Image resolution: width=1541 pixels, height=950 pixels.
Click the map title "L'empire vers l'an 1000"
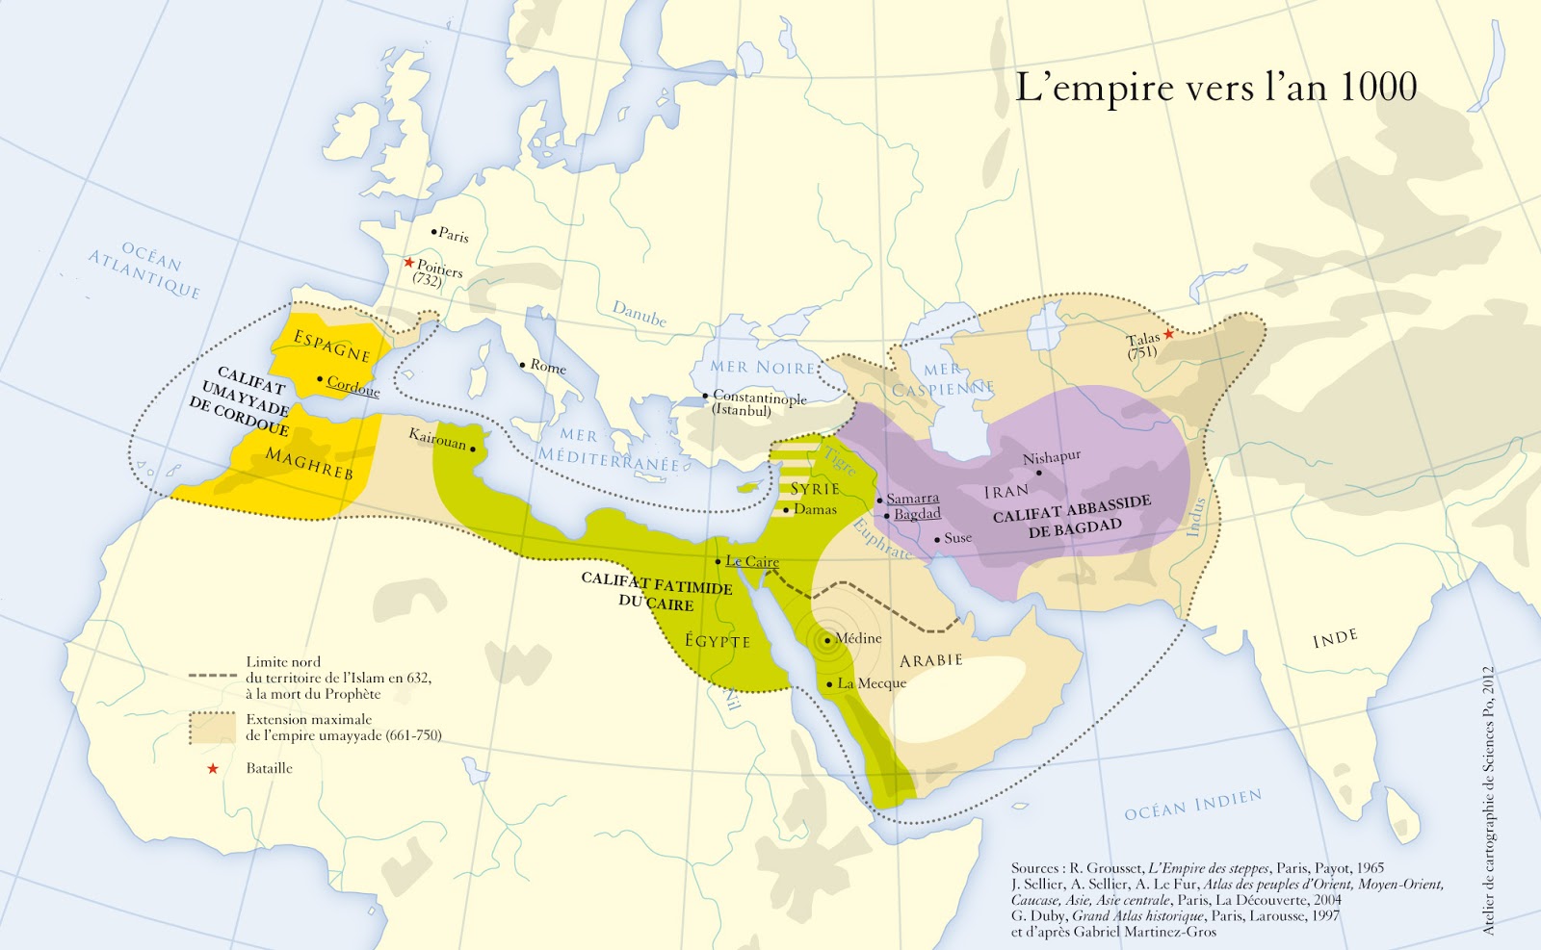point(1215,88)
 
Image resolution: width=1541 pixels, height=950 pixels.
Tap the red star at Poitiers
point(409,262)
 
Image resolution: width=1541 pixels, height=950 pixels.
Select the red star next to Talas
point(1168,334)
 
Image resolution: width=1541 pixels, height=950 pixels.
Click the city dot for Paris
point(434,232)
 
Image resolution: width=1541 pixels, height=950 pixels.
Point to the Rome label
point(548,367)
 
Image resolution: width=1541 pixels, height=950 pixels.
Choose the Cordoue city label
point(353,386)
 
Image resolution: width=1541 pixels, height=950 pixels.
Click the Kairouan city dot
point(473,449)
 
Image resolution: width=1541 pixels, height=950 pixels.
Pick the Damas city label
point(815,509)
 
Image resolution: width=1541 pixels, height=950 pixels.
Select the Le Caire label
point(752,561)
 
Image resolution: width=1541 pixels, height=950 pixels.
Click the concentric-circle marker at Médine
point(827,640)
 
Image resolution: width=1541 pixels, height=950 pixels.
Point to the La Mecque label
point(872,683)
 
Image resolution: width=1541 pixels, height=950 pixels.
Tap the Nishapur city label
point(1052,457)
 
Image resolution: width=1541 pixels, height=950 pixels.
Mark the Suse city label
point(957,538)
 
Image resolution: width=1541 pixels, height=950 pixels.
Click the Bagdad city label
point(917,514)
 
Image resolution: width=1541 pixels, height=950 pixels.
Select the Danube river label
point(640,313)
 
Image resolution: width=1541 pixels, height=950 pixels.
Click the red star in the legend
point(213,768)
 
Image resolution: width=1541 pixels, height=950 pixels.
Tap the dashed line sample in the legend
point(213,677)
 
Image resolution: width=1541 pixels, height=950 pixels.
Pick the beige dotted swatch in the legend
point(213,728)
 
